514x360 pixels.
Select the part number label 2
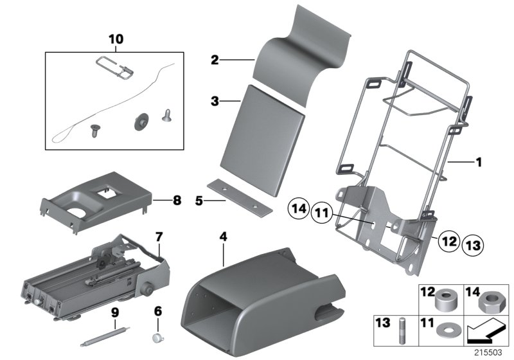(215, 61)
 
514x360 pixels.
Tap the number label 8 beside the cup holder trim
(177, 200)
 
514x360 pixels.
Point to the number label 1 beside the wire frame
(477, 163)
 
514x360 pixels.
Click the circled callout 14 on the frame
(298, 209)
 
